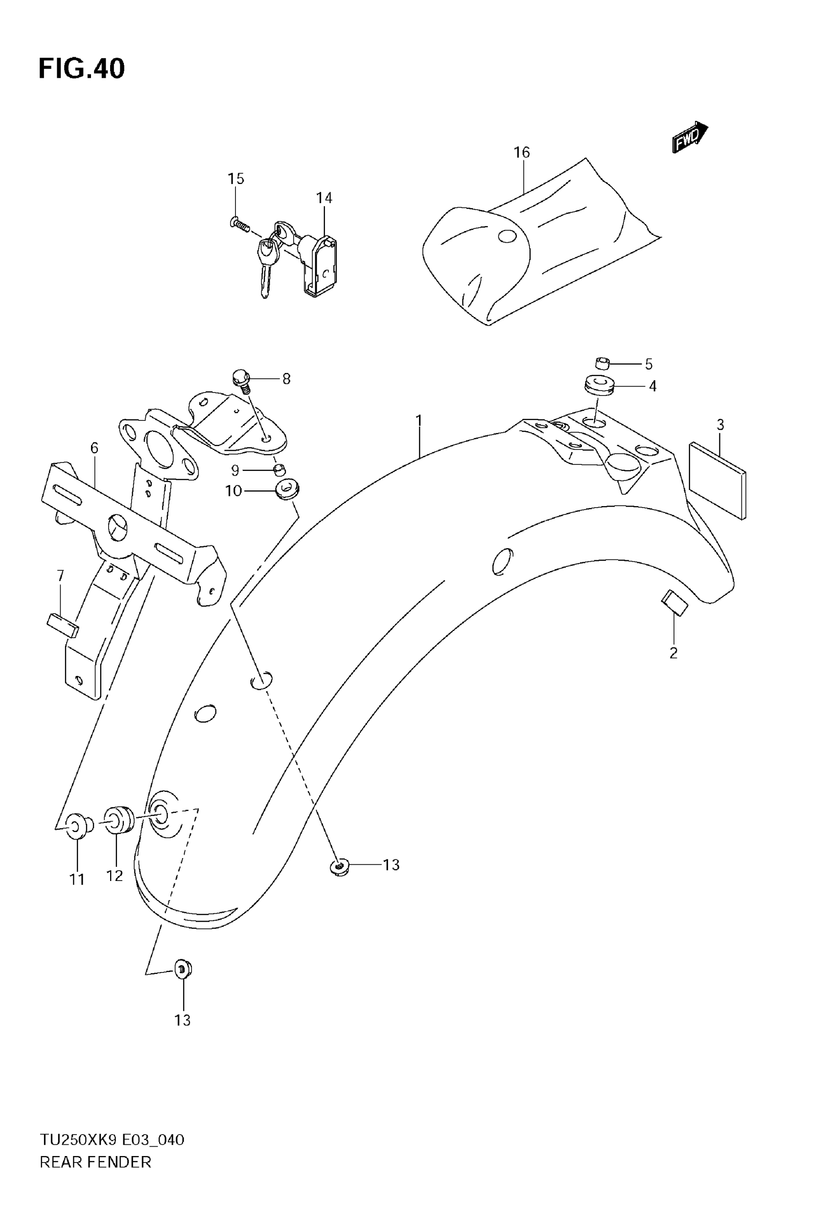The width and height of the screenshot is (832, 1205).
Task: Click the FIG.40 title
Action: click(82, 69)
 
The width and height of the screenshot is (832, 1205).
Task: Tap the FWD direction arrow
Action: click(690, 137)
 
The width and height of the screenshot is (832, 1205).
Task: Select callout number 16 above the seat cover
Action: click(521, 152)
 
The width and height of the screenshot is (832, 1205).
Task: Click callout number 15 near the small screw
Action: click(235, 179)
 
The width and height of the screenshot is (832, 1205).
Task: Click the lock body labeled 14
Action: click(319, 266)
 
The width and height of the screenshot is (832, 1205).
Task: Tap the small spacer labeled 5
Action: click(602, 363)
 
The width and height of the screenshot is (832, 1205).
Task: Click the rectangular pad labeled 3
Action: click(718, 481)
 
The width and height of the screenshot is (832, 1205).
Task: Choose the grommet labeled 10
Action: click(286, 490)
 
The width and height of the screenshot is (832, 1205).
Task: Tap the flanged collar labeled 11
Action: click(77, 826)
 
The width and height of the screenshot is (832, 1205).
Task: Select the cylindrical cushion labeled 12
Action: click(119, 820)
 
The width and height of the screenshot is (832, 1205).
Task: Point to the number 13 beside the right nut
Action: click(391, 865)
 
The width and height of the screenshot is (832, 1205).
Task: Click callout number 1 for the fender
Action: click(418, 419)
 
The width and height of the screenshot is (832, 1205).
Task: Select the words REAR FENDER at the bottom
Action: click(95, 1162)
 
